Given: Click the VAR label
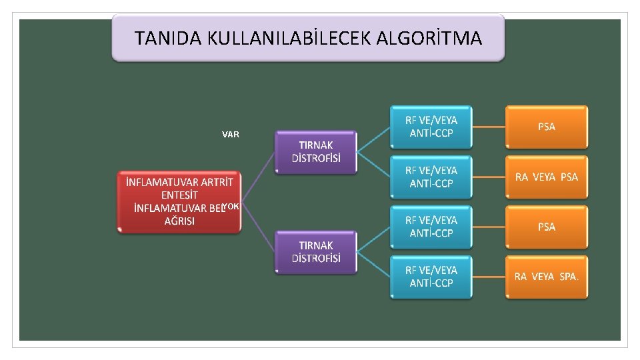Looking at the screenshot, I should (231, 135).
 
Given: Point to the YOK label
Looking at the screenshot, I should (231, 207).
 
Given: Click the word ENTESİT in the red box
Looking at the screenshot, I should (179, 195).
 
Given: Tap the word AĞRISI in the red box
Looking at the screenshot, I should (179, 221).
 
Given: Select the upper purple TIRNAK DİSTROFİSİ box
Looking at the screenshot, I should (316, 152).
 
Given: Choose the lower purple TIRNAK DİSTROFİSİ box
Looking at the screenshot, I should (316, 252).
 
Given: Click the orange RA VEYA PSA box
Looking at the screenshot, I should (546, 177).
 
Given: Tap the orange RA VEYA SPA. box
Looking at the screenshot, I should (546, 276).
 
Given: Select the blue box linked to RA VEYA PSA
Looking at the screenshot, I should (431, 177).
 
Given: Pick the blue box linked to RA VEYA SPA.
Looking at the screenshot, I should (431, 277).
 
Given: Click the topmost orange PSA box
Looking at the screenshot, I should (546, 127).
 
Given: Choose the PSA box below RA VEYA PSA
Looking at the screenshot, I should (546, 227).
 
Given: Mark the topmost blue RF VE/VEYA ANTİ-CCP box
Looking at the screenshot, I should (431, 127).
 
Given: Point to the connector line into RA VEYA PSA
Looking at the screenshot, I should (489, 177).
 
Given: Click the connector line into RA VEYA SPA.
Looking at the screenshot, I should (489, 277).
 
